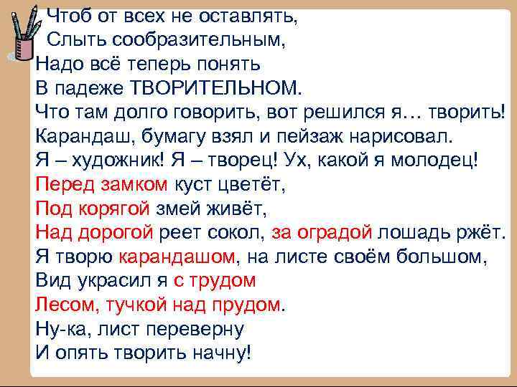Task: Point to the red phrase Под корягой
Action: click(93, 209)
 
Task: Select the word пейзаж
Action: click(313, 135)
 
